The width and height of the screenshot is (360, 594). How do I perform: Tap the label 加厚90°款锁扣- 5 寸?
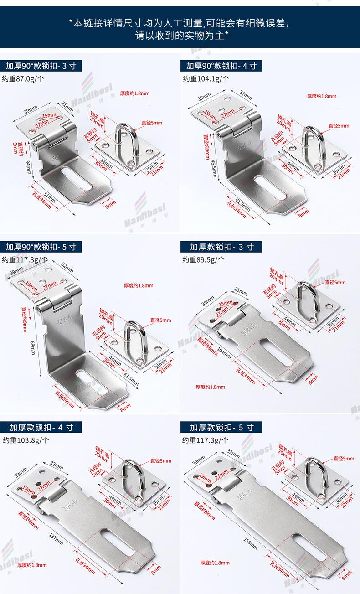coord(41,247)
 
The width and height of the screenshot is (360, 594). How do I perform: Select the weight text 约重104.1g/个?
coord(206,78)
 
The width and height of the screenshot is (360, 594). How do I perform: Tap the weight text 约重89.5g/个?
coord(204,259)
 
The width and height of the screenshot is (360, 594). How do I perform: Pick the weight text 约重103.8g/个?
coord(26,440)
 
